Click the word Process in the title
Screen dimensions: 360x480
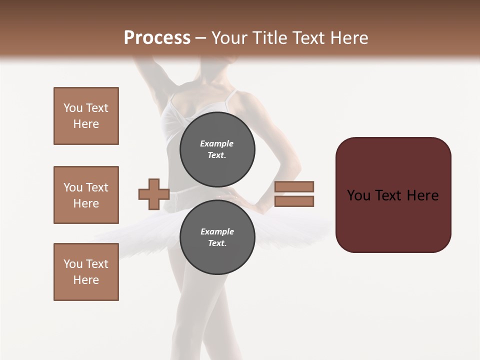[157, 38]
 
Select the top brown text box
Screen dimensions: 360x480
[86, 116]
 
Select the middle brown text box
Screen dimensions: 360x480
[86, 195]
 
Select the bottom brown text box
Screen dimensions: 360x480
[86, 272]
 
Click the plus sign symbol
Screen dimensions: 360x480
[154, 194]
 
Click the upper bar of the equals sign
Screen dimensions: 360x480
[294, 187]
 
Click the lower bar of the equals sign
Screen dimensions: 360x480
[294, 201]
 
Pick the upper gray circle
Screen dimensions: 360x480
[217, 149]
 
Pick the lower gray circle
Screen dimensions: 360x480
[217, 237]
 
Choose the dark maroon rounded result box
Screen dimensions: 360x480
[393, 195]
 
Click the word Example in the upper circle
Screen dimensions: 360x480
[217, 143]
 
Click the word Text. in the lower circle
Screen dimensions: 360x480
[217, 243]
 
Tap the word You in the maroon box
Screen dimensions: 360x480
[358, 195]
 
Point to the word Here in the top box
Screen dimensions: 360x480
[86, 124]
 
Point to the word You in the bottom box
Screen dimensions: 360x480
[73, 264]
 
